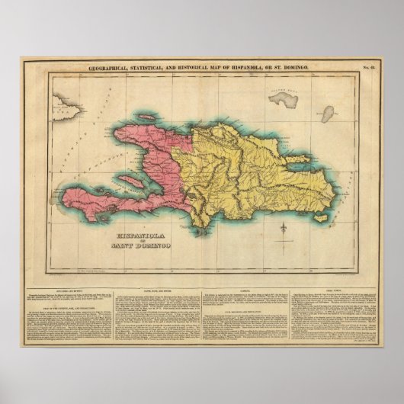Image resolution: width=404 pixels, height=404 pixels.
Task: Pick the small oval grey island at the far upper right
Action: tap(328, 114)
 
